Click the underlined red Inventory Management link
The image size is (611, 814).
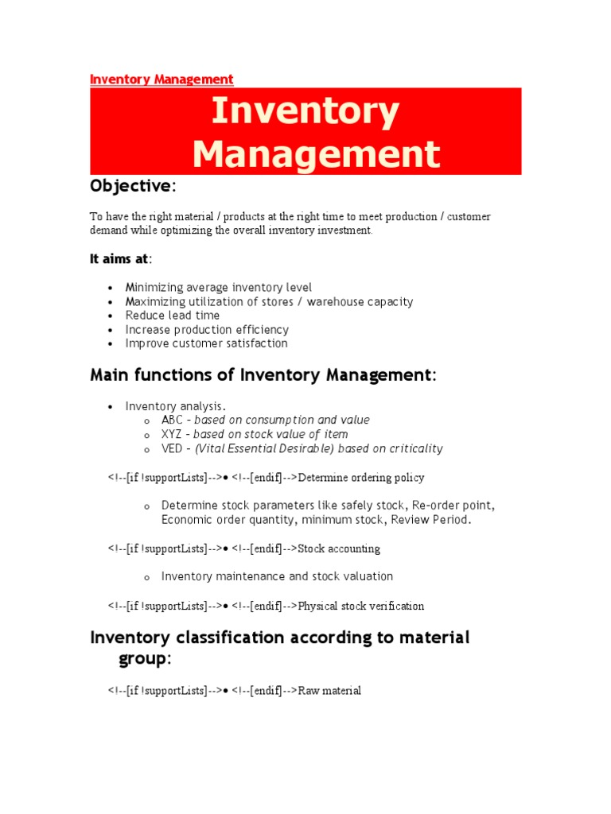pos(162,79)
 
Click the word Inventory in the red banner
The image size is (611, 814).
pos(305,112)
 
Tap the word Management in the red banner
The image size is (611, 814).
pos(316,153)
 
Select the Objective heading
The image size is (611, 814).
pos(130,186)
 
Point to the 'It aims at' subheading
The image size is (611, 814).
pos(119,258)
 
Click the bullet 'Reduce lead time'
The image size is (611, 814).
pos(173,316)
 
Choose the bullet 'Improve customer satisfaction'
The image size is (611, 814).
pos(207,343)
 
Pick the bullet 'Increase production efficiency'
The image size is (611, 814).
pos(207,330)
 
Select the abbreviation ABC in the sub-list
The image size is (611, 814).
pos(172,420)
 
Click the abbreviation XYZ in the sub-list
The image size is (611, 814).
pos(172,434)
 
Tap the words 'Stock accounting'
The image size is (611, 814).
pos(339,548)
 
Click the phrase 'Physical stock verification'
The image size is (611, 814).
pos(361,606)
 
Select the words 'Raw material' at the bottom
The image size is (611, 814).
pos(329,691)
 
